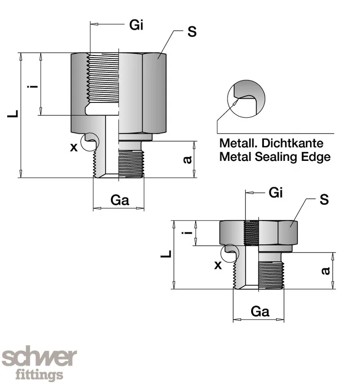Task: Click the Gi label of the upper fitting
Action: click(x=136, y=26)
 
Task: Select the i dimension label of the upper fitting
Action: click(x=30, y=87)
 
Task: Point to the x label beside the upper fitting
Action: click(x=74, y=148)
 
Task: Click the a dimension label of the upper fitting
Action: click(x=187, y=160)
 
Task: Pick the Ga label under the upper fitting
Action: click(x=120, y=200)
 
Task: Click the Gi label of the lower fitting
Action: click(x=276, y=193)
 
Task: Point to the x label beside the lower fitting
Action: click(x=218, y=265)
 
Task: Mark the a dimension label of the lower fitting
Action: click(x=325, y=271)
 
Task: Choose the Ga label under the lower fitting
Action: click(x=260, y=311)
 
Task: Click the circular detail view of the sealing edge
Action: click(x=246, y=98)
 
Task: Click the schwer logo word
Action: click(x=40, y=358)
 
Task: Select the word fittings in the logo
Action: click(x=39, y=375)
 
